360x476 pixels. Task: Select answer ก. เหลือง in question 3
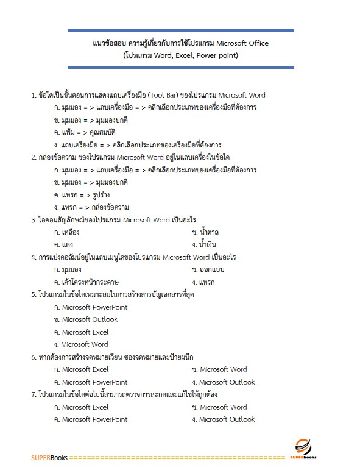coord(67,232)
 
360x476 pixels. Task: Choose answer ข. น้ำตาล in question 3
coord(205,232)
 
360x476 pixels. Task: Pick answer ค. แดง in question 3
coord(64,244)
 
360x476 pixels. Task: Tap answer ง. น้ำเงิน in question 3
coord(205,244)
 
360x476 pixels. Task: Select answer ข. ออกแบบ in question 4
coord(208,269)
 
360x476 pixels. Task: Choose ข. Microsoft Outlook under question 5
coord(86,319)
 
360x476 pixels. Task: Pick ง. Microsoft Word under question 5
coord(81,344)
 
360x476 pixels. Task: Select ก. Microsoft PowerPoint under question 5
coord(91,307)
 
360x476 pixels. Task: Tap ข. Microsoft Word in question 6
coord(219,369)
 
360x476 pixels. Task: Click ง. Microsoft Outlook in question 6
coord(223,382)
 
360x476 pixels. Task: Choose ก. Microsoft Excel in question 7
coord(81,407)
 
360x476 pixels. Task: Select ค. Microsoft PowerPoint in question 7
coord(91,419)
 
